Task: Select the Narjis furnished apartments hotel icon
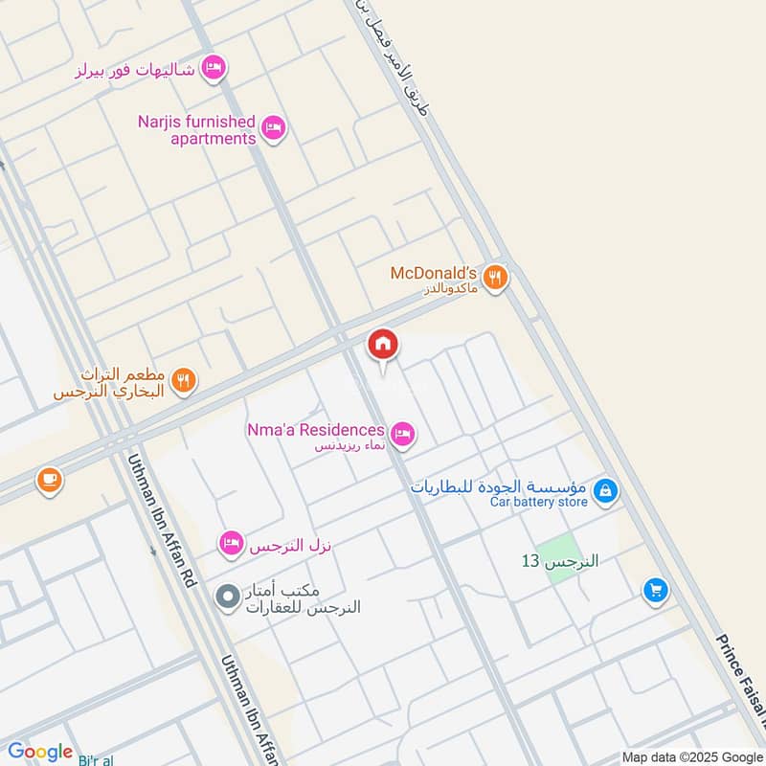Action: tap(275, 128)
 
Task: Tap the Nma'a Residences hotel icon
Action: tap(404, 436)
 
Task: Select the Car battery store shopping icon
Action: tap(604, 492)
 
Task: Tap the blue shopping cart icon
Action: tap(655, 590)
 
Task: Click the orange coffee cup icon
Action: tap(50, 481)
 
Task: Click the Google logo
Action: tap(40, 752)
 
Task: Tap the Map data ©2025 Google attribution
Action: tap(691, 756)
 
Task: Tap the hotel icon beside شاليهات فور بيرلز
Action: tap(214, 67)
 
